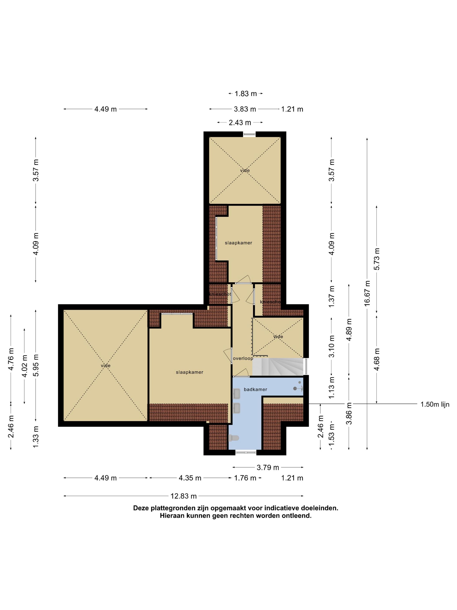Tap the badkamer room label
click(x=255, y=389)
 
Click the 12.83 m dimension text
click(x=183, y=496)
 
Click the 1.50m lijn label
click(x=435, y=404)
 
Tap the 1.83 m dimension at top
click(x=245, y=94)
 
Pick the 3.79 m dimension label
click(x=268, y=468)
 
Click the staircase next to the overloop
click(x=278, y=366)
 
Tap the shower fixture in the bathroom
click(x=298, y=387)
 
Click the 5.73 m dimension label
click(x=377, y=259)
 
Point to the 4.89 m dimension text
click(x=349, y=330)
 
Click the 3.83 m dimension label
click(x=245, y=109)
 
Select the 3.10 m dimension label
click(x=332, y=346)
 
